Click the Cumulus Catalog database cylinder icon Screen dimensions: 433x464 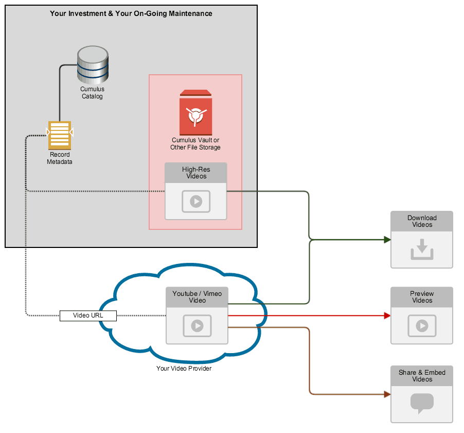click(93, 65)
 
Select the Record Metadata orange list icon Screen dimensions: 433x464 click(59, 135)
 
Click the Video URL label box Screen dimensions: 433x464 click(88, 315)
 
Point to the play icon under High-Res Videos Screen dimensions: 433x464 click(196, 202)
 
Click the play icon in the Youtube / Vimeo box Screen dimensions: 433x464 click(197, 326)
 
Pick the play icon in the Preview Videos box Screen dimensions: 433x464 click(422, 326)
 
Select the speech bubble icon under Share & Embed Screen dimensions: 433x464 click(422, 403)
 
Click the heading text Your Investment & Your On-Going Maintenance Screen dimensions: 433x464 click(131, 14)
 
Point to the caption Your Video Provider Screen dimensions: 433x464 click(184, 369)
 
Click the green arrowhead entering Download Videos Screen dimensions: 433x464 click(387, 240)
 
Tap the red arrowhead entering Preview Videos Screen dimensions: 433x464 click(387, 315)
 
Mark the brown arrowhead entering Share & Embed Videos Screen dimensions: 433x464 click(387, 394)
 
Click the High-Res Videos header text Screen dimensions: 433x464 click(196, 173)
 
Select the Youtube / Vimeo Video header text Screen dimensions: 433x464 click(197, 297)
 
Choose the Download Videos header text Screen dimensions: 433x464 click(422, 221)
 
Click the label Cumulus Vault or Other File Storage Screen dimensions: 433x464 click(195, 144)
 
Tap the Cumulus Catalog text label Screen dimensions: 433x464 click(93, 93)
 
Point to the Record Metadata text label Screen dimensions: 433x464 click(60, 158)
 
